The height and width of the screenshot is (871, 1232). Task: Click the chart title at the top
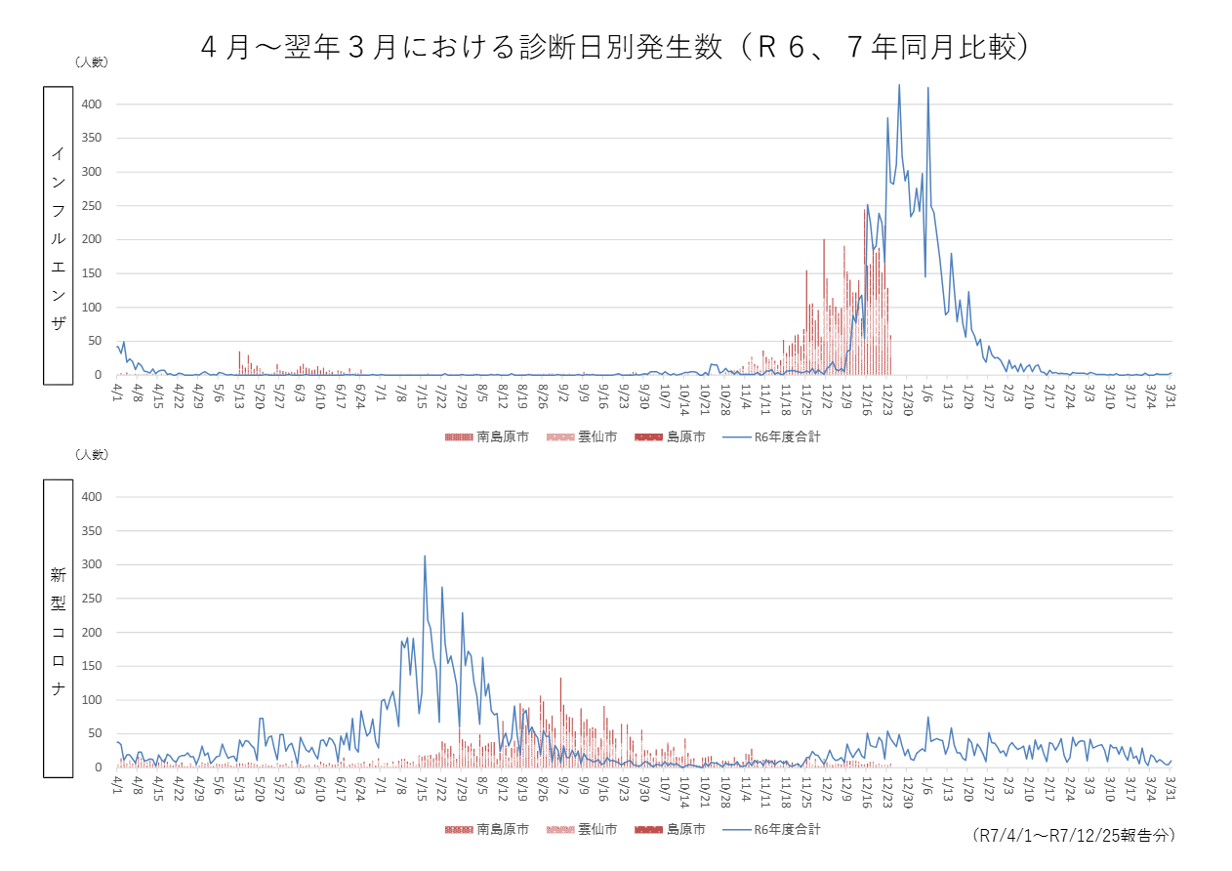click(615, 47)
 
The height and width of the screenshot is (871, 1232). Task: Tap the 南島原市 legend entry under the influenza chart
click(487, 437)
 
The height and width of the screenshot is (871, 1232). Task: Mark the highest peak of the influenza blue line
click(899, 85)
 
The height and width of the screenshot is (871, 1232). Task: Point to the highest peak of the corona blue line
click(425, 557)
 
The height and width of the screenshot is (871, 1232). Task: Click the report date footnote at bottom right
click(1074, 836)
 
